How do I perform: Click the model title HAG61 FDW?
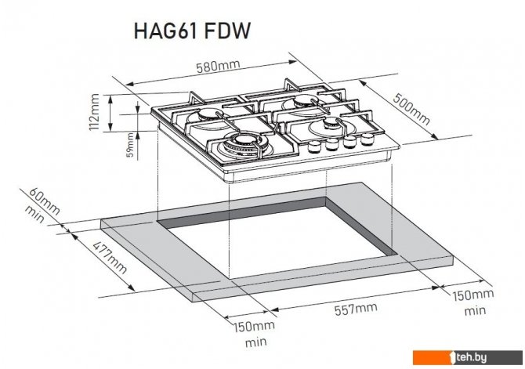point(192,31)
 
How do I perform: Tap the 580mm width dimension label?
point(218,66)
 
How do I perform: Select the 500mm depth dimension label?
point(411,109)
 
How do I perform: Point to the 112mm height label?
point(95,112)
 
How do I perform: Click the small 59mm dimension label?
point(130,145)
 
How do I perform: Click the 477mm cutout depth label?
point(110,257)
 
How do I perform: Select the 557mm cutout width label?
point(356,309)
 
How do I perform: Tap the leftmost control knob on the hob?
point(314,147)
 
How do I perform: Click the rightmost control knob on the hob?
point(367,139)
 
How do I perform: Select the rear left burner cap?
point(208,115)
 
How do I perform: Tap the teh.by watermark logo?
point(468,357)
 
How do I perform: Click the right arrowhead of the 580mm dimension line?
point(292,62)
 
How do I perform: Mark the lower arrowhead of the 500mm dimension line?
point(434,136)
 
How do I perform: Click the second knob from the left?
point(331,144)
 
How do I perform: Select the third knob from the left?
point(349,141)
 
